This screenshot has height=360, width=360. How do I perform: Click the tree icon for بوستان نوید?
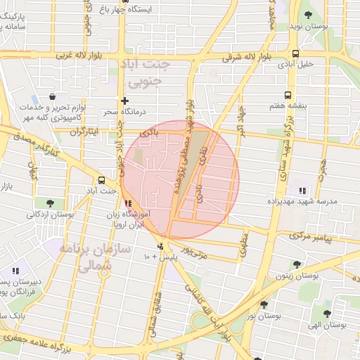click(x=308, y=15)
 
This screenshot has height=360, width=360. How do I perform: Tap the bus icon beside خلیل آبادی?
click(x=296, y=53)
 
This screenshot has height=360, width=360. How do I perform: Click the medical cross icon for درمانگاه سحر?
click(x=125, y=101)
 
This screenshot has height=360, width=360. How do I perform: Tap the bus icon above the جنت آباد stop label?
click(x=103, y=180)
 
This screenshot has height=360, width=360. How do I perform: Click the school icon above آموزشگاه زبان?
click(x=127, y=204)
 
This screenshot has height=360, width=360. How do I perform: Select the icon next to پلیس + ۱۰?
click(x=161, y=246)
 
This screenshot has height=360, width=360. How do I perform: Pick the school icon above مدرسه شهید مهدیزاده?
click(x=302, y=191)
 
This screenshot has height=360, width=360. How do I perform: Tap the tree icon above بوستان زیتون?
click(x=297, y=265)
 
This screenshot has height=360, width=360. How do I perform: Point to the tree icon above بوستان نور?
click(x=264, y=305)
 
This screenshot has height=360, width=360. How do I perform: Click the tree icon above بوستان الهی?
click(x=326, y=314)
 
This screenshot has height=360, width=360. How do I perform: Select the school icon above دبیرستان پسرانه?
click(x=15, y=271)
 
